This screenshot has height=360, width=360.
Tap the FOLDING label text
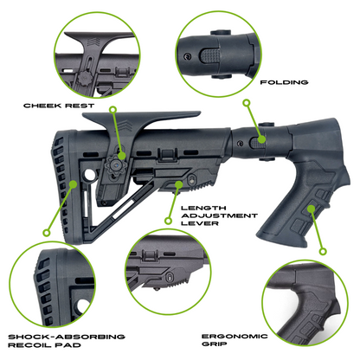284,83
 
